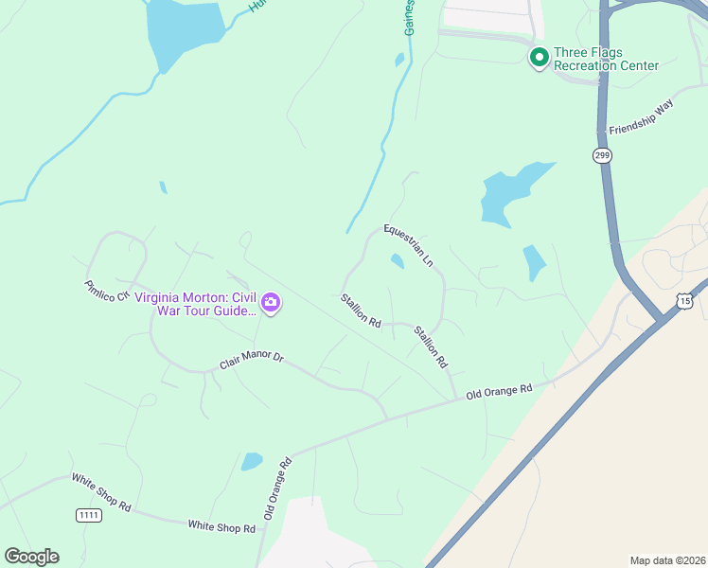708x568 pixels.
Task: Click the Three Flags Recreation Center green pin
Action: [x=540, y=58]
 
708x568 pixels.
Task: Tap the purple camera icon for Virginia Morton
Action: [x=272, y=303]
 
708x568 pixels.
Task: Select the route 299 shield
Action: [x=602, y=155]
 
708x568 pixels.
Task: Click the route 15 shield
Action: [x=684, y=300]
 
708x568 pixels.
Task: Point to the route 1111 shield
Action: [x=89, y=514]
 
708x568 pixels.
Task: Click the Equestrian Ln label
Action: [x=408, y=244]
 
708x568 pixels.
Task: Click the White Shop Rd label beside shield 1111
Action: [x=99, y=491]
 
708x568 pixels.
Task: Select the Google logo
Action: [x=31, y=557]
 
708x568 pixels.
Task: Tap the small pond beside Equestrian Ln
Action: [x=398, y=260]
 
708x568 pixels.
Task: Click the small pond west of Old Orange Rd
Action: [x=252, y=462]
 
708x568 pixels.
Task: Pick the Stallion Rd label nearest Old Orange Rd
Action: [x=431, y=346]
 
